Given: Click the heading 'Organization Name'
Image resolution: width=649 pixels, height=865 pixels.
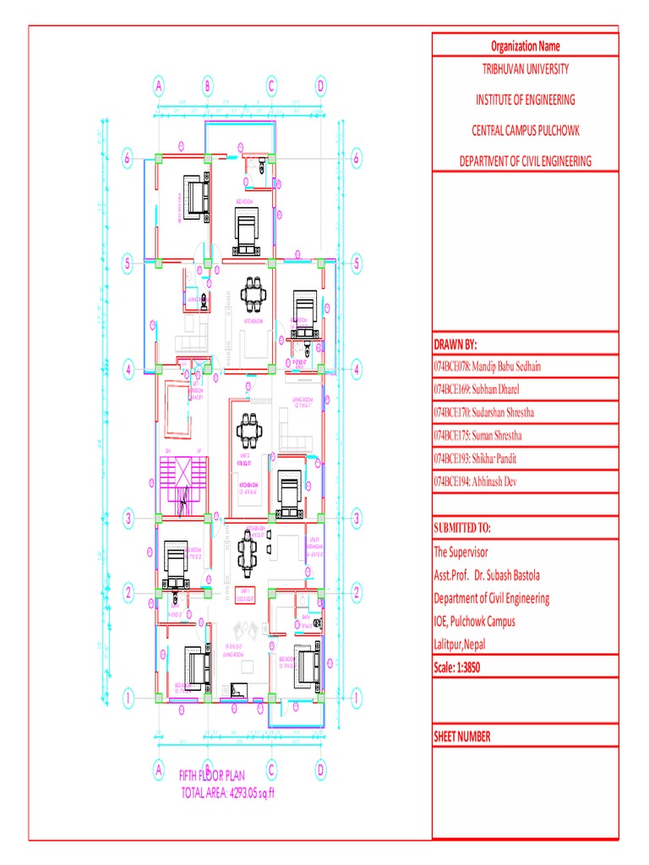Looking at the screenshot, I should [x=525, y=46].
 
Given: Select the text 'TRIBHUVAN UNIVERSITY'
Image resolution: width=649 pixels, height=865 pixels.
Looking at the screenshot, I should [x=525, y=68].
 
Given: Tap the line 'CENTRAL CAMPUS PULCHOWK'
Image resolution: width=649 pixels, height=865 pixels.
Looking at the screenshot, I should [x=525, y=130].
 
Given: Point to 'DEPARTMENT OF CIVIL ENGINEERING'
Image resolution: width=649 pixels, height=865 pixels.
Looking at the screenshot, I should [x=525, y=160].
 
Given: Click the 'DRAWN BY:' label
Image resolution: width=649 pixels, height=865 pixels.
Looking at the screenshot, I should [x=455, y=345].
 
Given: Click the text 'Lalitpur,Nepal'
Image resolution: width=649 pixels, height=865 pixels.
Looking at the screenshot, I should [x=464, y=645].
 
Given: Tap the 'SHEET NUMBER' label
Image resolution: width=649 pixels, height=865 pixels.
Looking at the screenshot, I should [x=461, y=736].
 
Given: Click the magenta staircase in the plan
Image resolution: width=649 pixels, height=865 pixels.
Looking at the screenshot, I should [x=182, y=486].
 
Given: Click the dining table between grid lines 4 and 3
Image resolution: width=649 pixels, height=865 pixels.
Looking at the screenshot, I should [x=248, y=430].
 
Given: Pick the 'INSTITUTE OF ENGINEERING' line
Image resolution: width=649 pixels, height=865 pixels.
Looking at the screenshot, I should [x=525, y=100].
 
